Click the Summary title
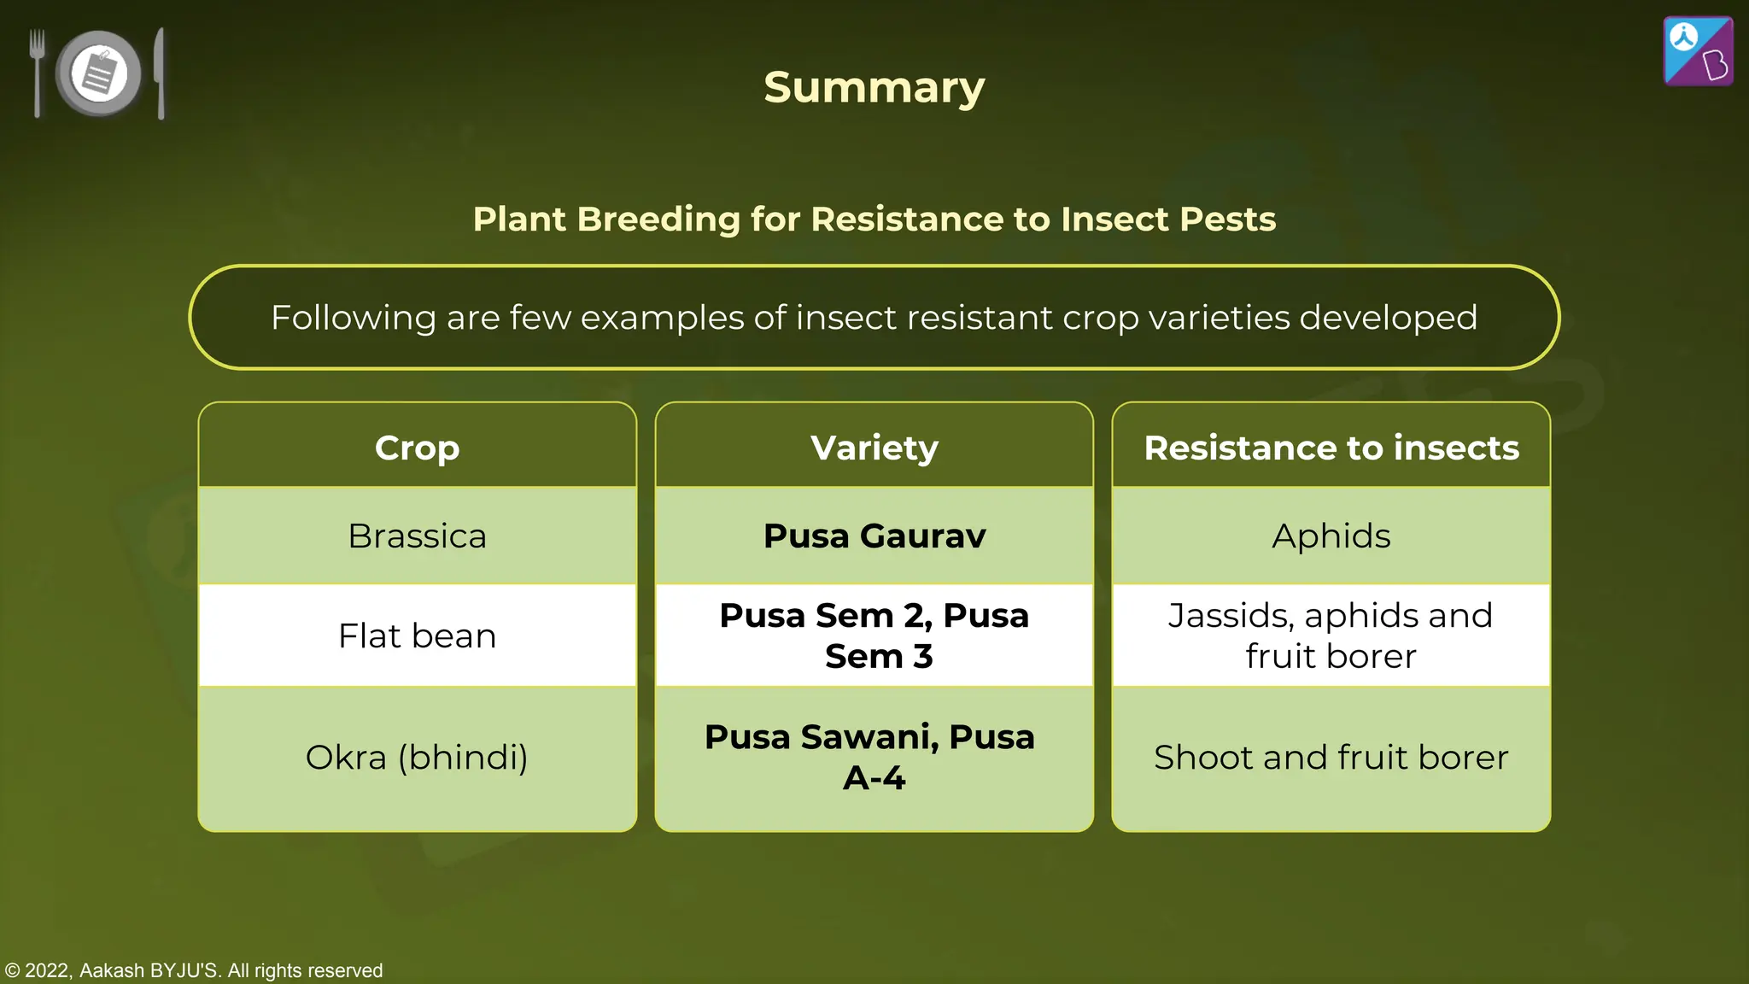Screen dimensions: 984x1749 coord(874,88)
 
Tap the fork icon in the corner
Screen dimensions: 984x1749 coord(37,72)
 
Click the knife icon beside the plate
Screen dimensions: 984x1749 coord(160,73)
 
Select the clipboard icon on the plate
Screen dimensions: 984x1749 coord(100,73)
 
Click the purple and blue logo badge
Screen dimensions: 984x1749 coord(1698,51)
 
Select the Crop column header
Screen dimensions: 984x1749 coord(417,448)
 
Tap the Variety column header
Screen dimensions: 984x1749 coord(874,448)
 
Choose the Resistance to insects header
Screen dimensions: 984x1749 coord(1331,448)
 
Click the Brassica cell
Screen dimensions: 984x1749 coord(417,536)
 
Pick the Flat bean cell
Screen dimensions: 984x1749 coord(417,636)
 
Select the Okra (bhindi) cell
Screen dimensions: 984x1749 coord(417,758)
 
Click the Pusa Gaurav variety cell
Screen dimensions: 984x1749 coord(874,536)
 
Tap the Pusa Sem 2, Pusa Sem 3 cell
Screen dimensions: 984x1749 coord(874,636)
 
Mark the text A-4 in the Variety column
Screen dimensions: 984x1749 coord(874,778)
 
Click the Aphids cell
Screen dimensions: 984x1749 coord(1331,536)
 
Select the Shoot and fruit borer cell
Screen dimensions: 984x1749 coord(1331,758)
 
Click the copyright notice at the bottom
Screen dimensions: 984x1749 coord(194,970)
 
